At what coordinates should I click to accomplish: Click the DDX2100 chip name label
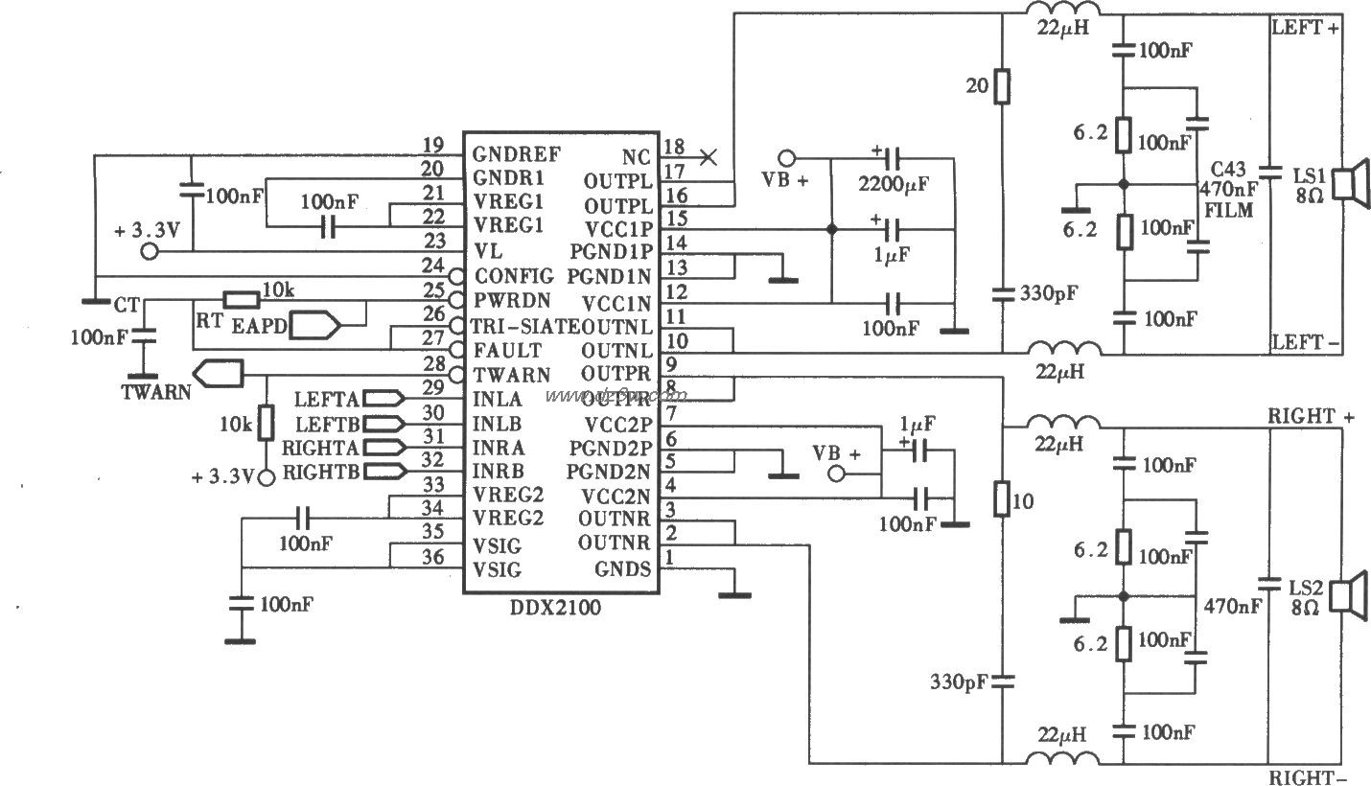coord(560,608)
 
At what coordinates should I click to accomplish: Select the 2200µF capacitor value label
coord(895,183)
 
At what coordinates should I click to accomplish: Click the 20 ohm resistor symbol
coord(1002,87)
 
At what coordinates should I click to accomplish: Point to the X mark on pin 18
coord(709,156)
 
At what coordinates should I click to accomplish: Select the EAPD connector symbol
coord(316,326)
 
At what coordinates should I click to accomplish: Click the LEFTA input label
coord(326,398)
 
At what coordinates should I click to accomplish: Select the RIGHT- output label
coord(1311,777)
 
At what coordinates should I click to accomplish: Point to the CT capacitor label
coord(126,305)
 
